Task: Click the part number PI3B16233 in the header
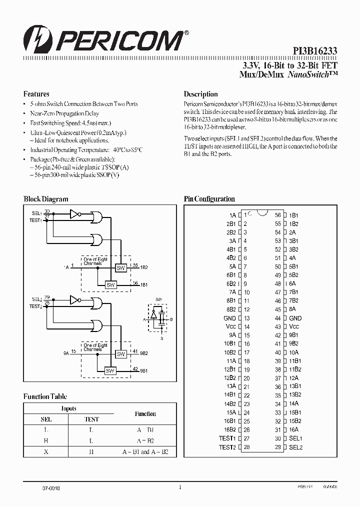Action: click(x=314, y=51)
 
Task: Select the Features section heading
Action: click(x=36, y=94)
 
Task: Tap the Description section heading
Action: click(x=200, y=94)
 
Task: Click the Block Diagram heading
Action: click(x=46, y=199)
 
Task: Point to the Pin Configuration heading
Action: click(x=209, y=199)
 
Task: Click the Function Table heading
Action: click(x=45, y=396)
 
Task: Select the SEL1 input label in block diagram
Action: click(x=36, y=213)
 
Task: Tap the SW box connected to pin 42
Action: click(x=110, y=370)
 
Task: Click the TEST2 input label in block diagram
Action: click(x=36, y=306)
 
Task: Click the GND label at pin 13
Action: click(x=230, y=318)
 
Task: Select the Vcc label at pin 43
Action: click(x=294, y=326)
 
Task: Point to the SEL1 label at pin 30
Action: click(x=295, y=438)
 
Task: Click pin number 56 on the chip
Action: click(x=277, y=215)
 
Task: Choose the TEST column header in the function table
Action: click(x=91, y=419)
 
